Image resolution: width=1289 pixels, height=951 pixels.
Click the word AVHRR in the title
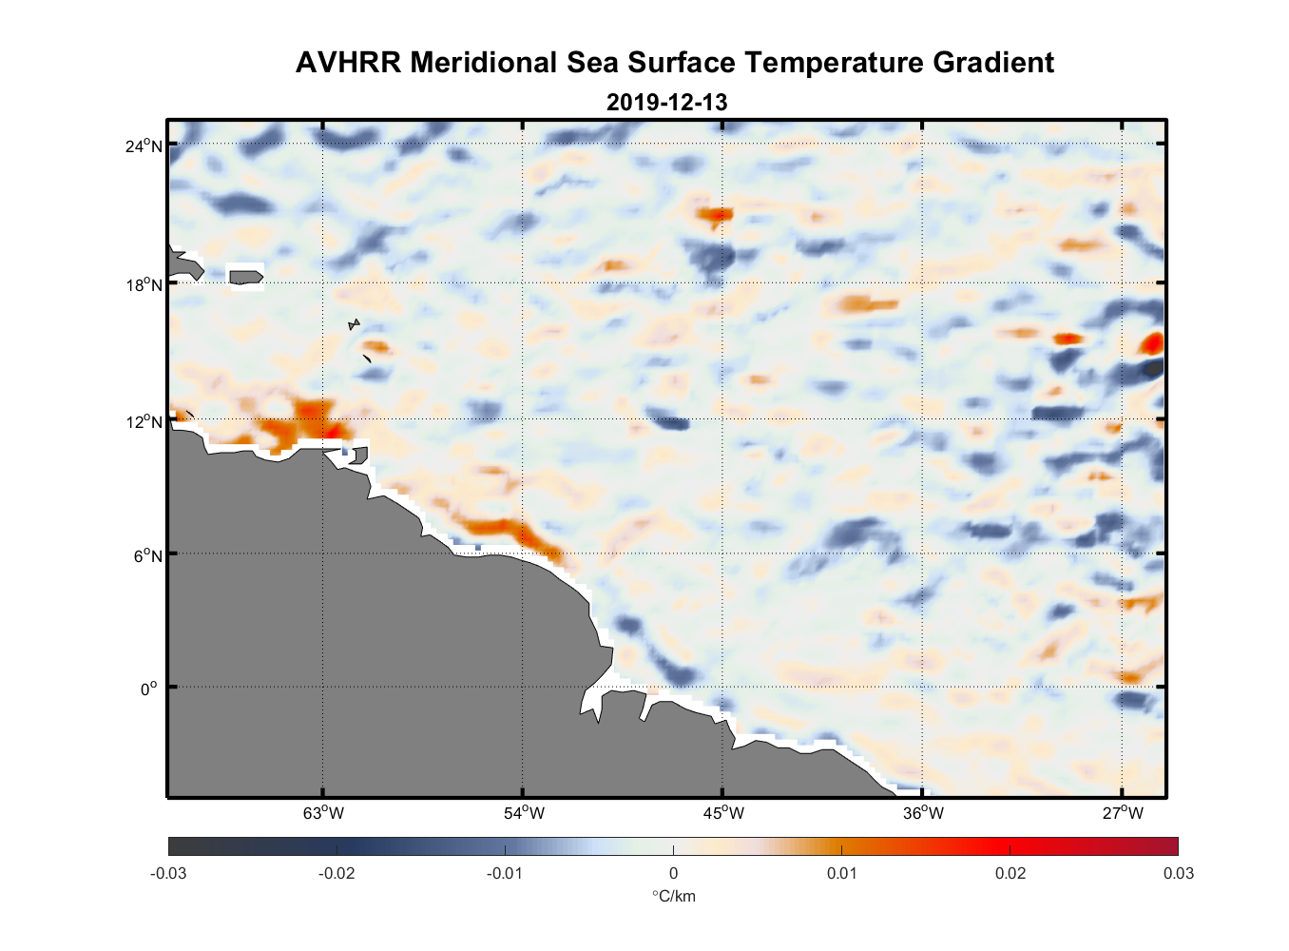coord(348,63)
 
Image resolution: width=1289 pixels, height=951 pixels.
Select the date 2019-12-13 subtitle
coord(666,103)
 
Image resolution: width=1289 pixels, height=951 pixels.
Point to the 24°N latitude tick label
coord(144,146)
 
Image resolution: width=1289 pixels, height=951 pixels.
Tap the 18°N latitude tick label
coord(144,284)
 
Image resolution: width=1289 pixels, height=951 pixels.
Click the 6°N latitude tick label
coord(148,556)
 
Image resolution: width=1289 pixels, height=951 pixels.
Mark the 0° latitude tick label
coord(149,689)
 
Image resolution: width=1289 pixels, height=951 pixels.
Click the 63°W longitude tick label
coord(323,813)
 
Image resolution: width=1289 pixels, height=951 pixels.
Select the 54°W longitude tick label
coord(524,813)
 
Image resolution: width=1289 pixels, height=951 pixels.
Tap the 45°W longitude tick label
coord(723,813)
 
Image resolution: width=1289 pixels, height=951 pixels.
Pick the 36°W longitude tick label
coord(923,813)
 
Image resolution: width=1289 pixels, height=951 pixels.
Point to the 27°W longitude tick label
coord(1123,813)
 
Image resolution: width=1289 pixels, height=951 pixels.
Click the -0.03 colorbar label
coord(168,874)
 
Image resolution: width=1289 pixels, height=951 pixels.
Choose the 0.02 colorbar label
coord(1010,874)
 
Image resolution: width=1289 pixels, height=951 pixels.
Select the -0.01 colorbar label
coord(505,874)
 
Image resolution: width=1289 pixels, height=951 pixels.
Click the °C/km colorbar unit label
coord(673,897)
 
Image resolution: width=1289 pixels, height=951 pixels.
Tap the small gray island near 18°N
coord(245,277)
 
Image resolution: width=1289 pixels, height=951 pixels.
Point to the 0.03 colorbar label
coord(1178,874)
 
